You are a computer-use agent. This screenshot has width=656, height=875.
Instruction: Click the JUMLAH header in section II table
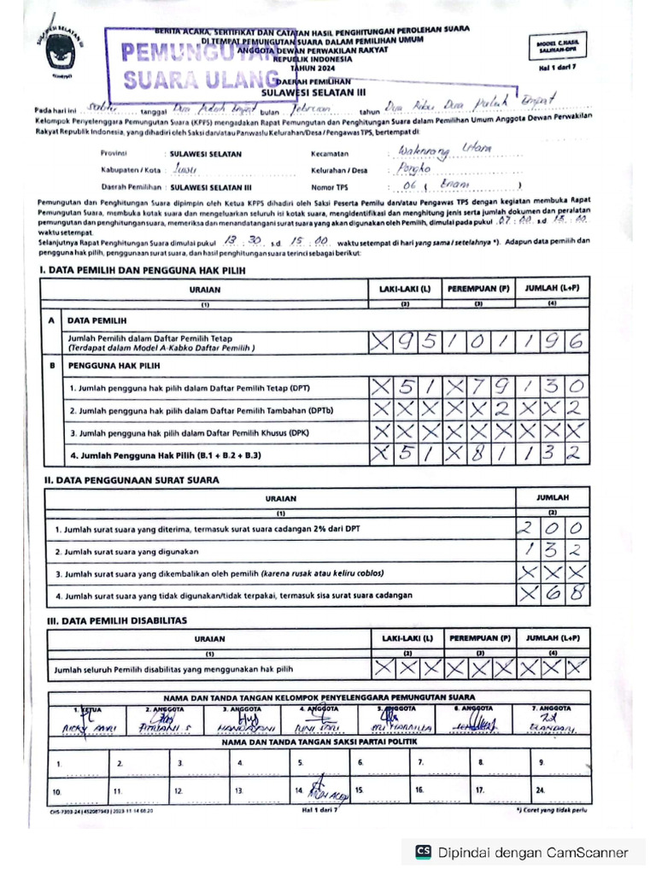(553, 496)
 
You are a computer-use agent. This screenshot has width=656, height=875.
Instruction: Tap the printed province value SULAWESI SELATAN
(206, 154)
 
